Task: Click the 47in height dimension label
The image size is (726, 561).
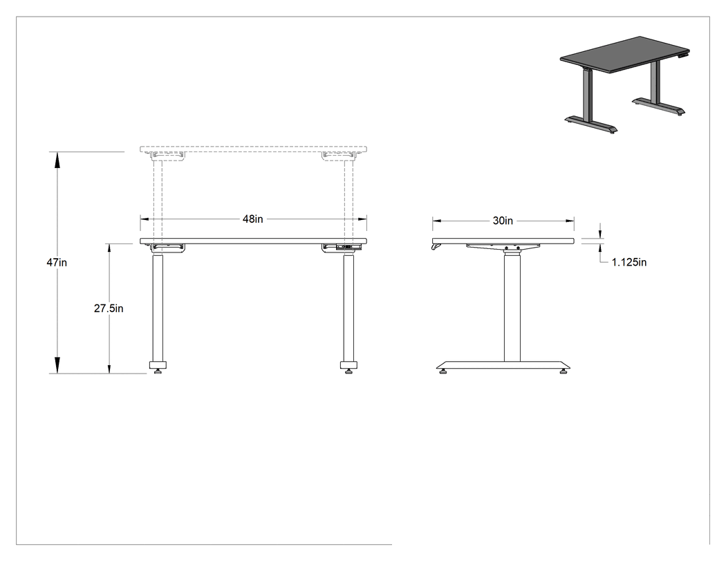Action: point(57,263)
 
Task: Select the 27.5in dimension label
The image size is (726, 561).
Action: point(109,309)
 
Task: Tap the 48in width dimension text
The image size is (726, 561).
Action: point(253,219)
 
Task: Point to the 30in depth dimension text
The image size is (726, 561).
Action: point(503,221)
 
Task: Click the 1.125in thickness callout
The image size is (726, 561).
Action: point(629,262)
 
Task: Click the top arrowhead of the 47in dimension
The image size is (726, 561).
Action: point(57,160)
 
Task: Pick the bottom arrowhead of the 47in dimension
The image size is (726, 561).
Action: point(57,365)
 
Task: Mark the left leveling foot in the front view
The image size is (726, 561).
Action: point(158,371)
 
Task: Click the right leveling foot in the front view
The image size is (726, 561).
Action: point(349,371)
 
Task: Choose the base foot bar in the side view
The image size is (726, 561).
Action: point(503,365)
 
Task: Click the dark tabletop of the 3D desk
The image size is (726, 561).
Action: point(624,55)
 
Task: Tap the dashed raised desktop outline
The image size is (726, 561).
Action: point(253,149)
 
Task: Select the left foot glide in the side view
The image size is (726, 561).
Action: point(444,371)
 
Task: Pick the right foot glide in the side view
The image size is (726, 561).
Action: point(564,371)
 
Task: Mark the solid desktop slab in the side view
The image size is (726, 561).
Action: point(503,241)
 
